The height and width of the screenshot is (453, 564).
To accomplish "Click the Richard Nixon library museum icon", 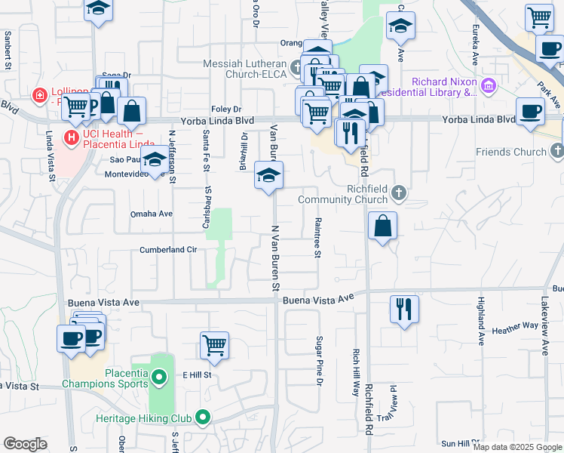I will coord(489,85).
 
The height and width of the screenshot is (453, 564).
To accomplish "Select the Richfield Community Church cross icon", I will coord(400,193).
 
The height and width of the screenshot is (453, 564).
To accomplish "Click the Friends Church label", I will coord(511,152).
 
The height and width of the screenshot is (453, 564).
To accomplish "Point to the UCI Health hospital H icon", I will coord(72,138).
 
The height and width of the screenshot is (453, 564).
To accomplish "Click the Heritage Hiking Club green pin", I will coord(203,417).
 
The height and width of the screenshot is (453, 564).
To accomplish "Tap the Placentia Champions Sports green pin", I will coord(159,376).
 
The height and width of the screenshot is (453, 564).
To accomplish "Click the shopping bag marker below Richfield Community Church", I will coord(383,225).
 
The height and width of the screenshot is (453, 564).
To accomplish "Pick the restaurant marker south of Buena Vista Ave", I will coord(404,309).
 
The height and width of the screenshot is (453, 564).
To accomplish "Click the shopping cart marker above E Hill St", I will coord(215,346).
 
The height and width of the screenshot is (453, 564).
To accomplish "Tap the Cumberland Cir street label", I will coord(168,250).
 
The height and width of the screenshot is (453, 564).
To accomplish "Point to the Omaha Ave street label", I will coord(152,214).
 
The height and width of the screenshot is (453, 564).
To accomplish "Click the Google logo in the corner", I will coord(25,444).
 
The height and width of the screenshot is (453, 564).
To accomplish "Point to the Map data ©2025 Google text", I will coord(517,447).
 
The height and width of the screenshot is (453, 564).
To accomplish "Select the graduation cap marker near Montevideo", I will coord(155,160).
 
